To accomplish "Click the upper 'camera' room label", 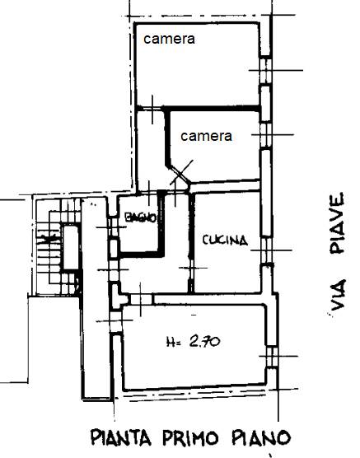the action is click(169, 40).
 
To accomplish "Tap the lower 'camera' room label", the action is click(206, 136).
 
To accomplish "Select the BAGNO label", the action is click(141, 217).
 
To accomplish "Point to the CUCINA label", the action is click(225, 240).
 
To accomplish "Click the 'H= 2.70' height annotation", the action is click(193, 341).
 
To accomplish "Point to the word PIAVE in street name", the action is click(338, 223).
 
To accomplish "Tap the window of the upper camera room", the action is click(265, 71).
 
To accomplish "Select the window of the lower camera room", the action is click(265, 135).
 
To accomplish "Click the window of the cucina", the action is click(266, 250).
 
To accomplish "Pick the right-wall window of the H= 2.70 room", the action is click(272, 357).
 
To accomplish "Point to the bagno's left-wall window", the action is click(113, 227).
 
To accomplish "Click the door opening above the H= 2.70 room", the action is click(141, 299).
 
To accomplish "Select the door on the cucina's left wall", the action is click(191, 269).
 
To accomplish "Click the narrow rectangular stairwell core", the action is click(71, 248).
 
